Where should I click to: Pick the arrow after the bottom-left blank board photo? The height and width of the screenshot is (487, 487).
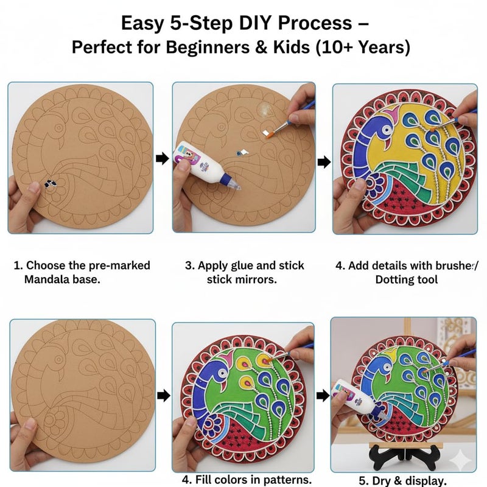tap(163, 396)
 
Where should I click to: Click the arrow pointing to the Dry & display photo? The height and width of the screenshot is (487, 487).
tap(322, 396)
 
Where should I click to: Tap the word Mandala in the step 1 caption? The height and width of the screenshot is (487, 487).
tap(49, 279)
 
